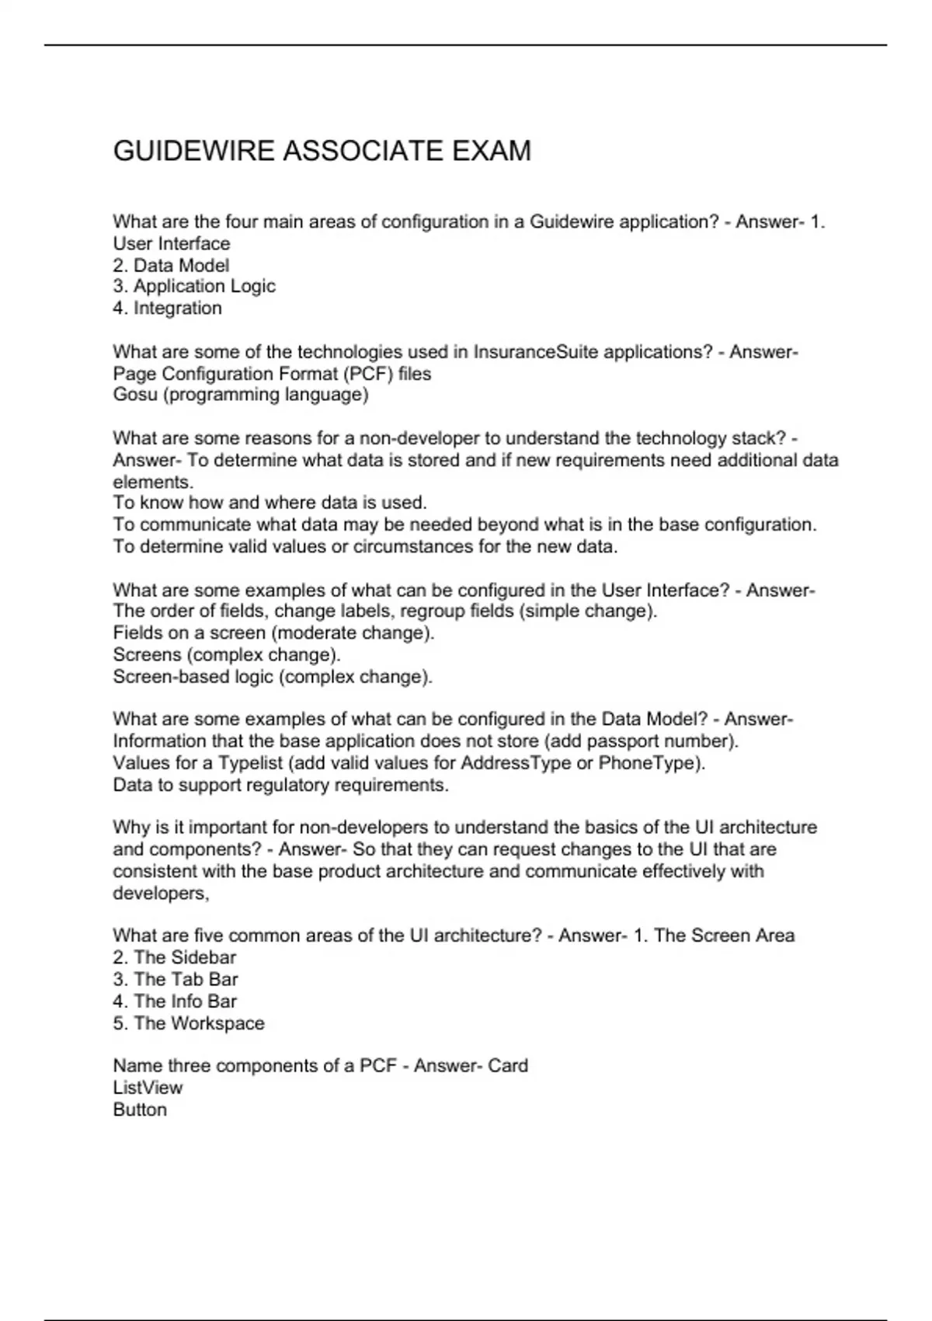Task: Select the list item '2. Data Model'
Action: tap(171, 265)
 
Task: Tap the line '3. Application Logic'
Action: tap(194, 287)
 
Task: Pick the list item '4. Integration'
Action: tap(167, 308)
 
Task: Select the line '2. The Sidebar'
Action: tap(174, 957)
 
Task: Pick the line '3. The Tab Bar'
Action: tap(175, 979)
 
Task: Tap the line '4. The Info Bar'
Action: tap(174, 1001)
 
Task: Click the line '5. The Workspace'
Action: tap(188, 1023)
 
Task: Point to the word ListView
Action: tap(148, 1088)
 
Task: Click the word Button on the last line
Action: tap(140, 1110)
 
